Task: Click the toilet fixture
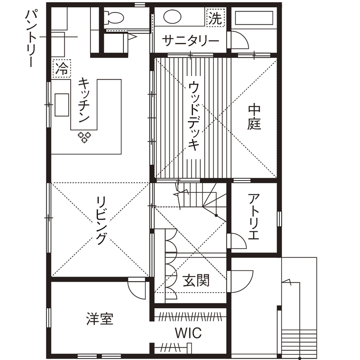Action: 115,18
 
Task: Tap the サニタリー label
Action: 191,41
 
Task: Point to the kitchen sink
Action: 60,104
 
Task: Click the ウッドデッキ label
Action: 194,116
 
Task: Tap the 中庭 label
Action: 254,117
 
